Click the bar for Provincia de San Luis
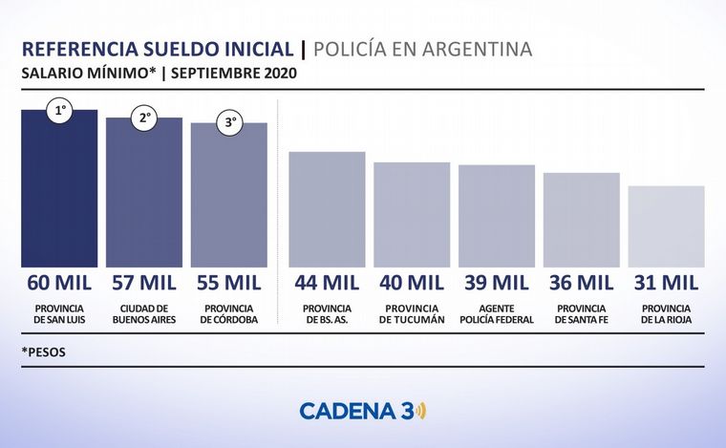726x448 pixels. coord(59,191)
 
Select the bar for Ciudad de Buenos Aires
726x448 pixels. coord(143,196)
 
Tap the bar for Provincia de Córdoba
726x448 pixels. coord(228,199)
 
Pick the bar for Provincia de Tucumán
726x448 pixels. coord(412,215)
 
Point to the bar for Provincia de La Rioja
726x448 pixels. coord(666,226)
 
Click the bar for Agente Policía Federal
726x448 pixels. coord(497,216)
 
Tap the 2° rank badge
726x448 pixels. coord(145,119)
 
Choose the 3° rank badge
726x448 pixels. coord(231,124)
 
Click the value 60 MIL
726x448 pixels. coord(59,283)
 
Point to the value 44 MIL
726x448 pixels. coord(327,283)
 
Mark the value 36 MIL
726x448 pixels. coord(581,283)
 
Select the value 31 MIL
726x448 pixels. coord(666,283)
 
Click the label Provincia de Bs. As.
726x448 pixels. coord(327,314)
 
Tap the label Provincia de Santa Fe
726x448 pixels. coord(581,314)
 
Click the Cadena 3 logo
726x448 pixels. coord(363,411)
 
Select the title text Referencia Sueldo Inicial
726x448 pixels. coord(157,50)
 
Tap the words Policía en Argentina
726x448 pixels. coord(422,50)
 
